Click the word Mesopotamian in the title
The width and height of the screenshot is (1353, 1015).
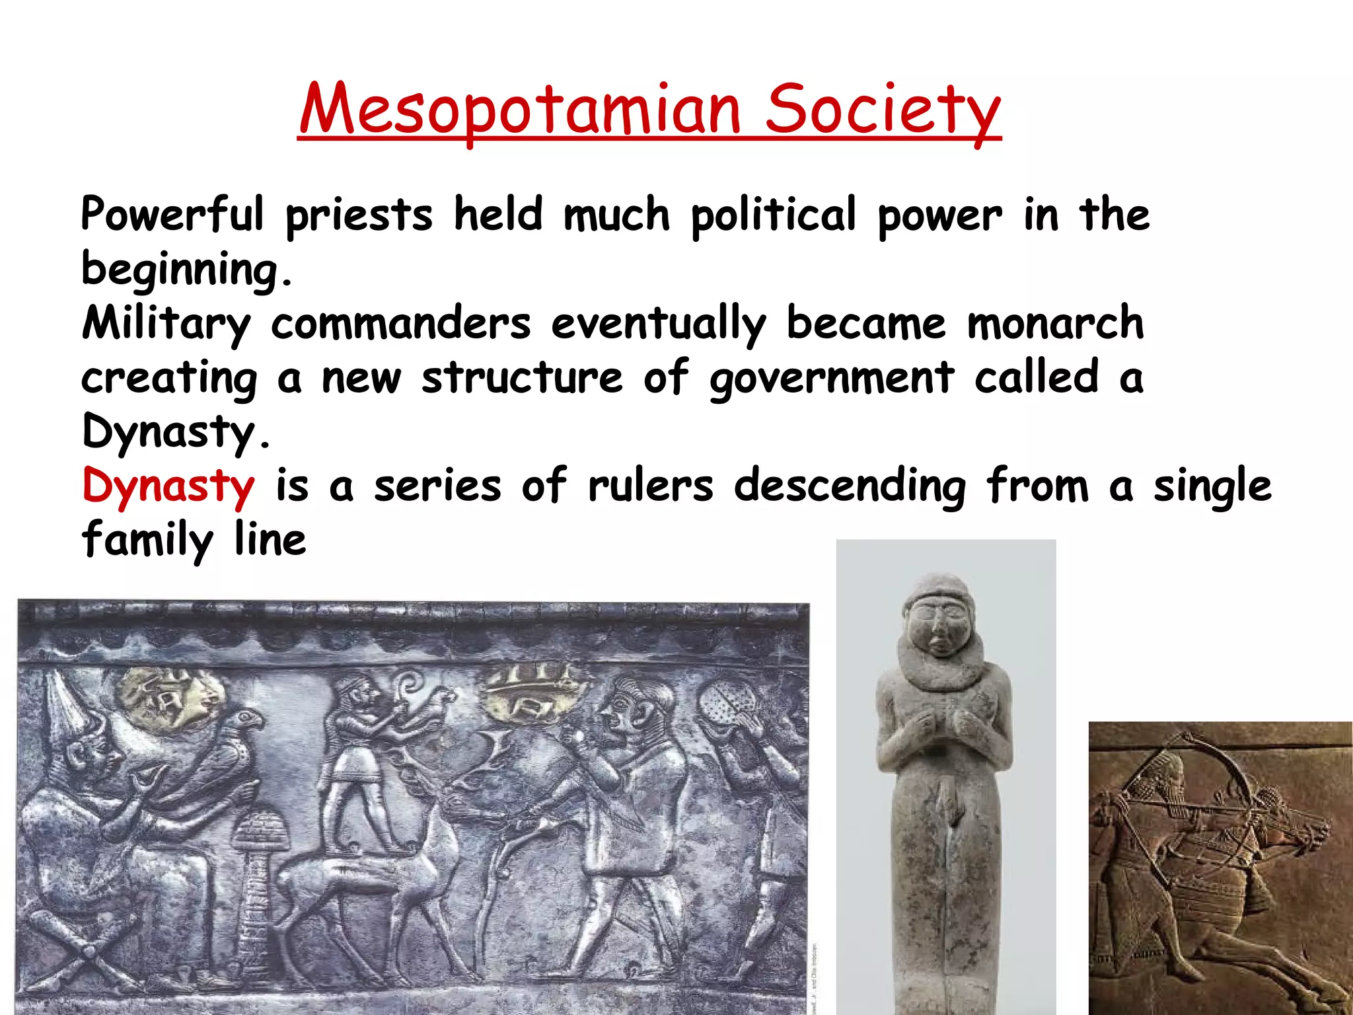pos(519,109)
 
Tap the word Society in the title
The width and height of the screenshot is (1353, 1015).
pos(883,109)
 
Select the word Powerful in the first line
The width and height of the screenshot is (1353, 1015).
pos(172,215)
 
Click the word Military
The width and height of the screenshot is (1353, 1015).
pos(166,324)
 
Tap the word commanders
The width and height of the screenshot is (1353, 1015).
pos(400,324)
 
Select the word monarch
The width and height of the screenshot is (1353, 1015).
pos(1055,324)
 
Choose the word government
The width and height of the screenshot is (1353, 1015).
pos(832,379)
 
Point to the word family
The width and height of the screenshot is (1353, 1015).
pos(147,541)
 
